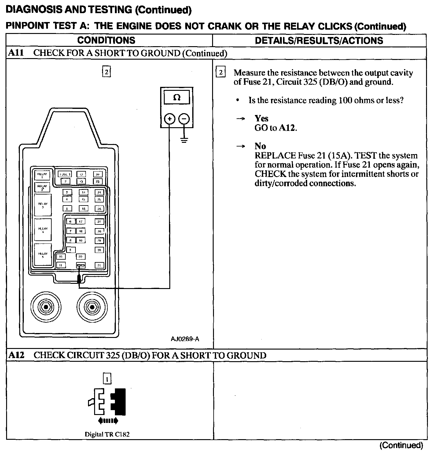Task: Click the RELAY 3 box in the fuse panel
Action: (x=43, y=205)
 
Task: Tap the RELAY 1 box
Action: (x=42, y=175)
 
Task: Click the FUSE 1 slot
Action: (x=65, y=174)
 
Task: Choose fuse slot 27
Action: (x=99, y=222)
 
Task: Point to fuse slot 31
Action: (x=99, y=265)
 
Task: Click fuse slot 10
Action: (x=61, y=257)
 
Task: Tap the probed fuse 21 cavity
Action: (x=81, y=265)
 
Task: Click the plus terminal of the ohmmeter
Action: (x=170, y=119)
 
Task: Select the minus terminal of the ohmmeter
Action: (x=184, y=119)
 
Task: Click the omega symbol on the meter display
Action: (x=177, y=98)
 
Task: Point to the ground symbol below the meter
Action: (x=184, y=141)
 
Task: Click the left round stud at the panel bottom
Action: (x=46, y=306)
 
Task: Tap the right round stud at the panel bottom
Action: (x=91, y=306)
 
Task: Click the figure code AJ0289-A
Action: (x=185, y=339)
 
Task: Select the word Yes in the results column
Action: (x=262, y=118)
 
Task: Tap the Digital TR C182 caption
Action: (x=107, y=434)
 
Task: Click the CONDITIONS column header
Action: (x=106, y=40)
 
